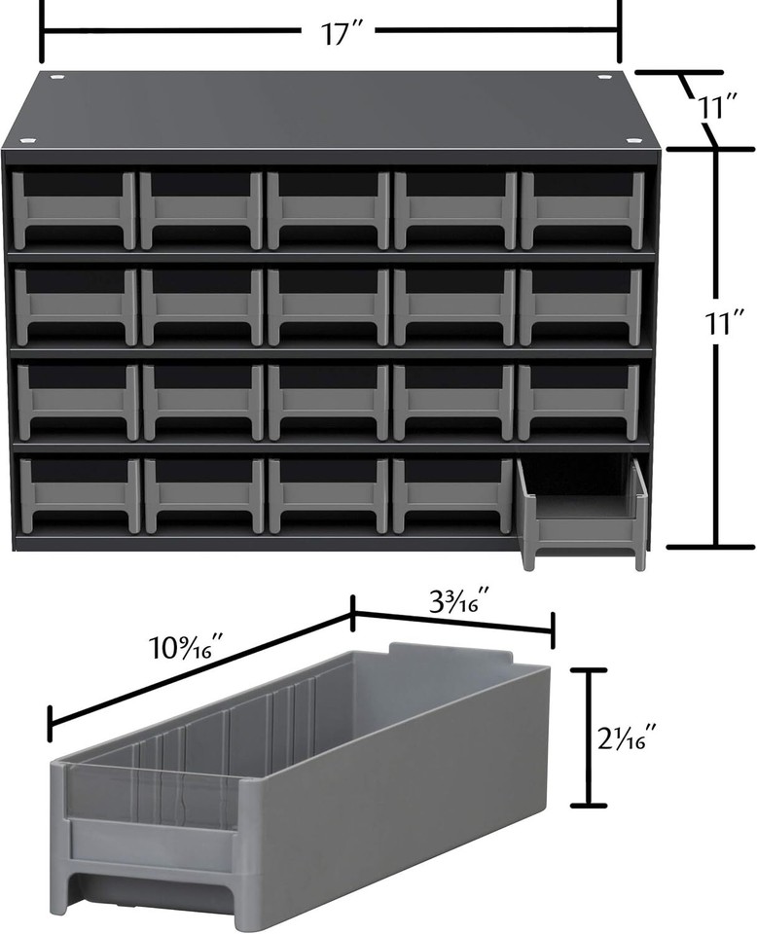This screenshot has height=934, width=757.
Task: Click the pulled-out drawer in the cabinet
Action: point(583,513)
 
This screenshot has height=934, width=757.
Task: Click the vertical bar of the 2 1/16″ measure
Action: point(588,736)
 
